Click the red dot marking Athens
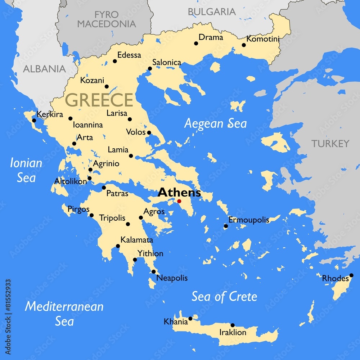pos(179,201)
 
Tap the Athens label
pos(179,192)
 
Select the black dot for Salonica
pos(150,68)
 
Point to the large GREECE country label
pos(100,100)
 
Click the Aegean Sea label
pos(215,123)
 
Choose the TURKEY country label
pos(330,144)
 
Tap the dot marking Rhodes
pos(351,275)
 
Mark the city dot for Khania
pos(190,318)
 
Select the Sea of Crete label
pos(224,297)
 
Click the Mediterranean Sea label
pos(64,313)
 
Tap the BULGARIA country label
pos(212,12)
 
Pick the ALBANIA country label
pos(44,69)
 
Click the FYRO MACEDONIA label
pos(107,19)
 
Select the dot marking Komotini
pos(244,45)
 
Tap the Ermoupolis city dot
pos(226,226)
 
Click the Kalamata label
pos(137,240)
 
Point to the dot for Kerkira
pos(34,120)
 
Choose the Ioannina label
pos(88,125)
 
